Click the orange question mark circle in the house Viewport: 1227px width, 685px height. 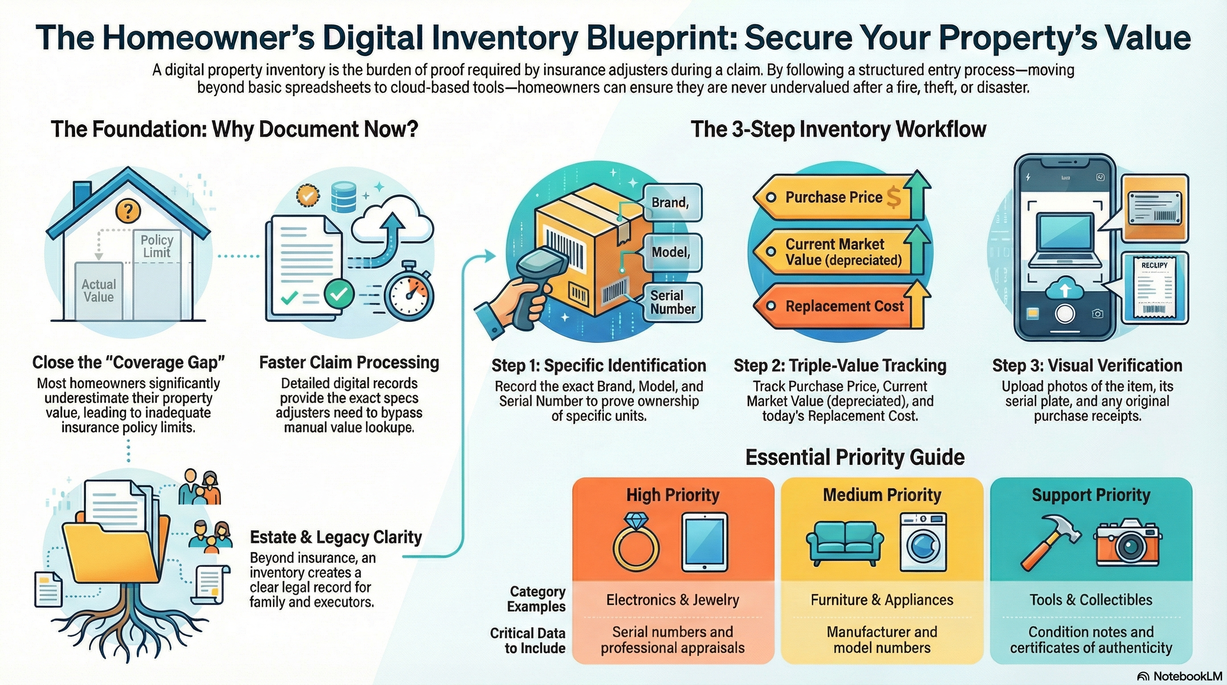pyautogui.click(x=128, y=210)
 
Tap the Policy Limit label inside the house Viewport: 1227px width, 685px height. pyautogui.click(x=156, y=246)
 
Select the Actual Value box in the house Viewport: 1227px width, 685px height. pyautogui.click(x=99, y=291)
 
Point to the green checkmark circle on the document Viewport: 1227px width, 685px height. pyautogui.click(x=339, y=294)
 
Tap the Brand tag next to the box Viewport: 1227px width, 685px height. pyautogui.click(x=671, y=202)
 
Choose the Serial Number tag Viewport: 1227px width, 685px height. pyautogui.click(x=672, y=302)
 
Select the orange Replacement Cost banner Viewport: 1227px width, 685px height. pyautogui.click(x=838, y=306)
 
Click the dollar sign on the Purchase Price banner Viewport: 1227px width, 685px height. pyautogui.click(x=893, y=197)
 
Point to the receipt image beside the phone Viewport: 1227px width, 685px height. pyautogui.click(x=1155, y=288)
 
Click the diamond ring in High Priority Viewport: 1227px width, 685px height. pyautogui.click(x=635, y=545)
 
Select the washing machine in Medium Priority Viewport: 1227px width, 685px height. pyautogui.click(x=923, y=542)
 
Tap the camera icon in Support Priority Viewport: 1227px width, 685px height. pyautogui.click(x=1128, y=543)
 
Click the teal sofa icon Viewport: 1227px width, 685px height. pyautogui.click(x=844, y=543)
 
